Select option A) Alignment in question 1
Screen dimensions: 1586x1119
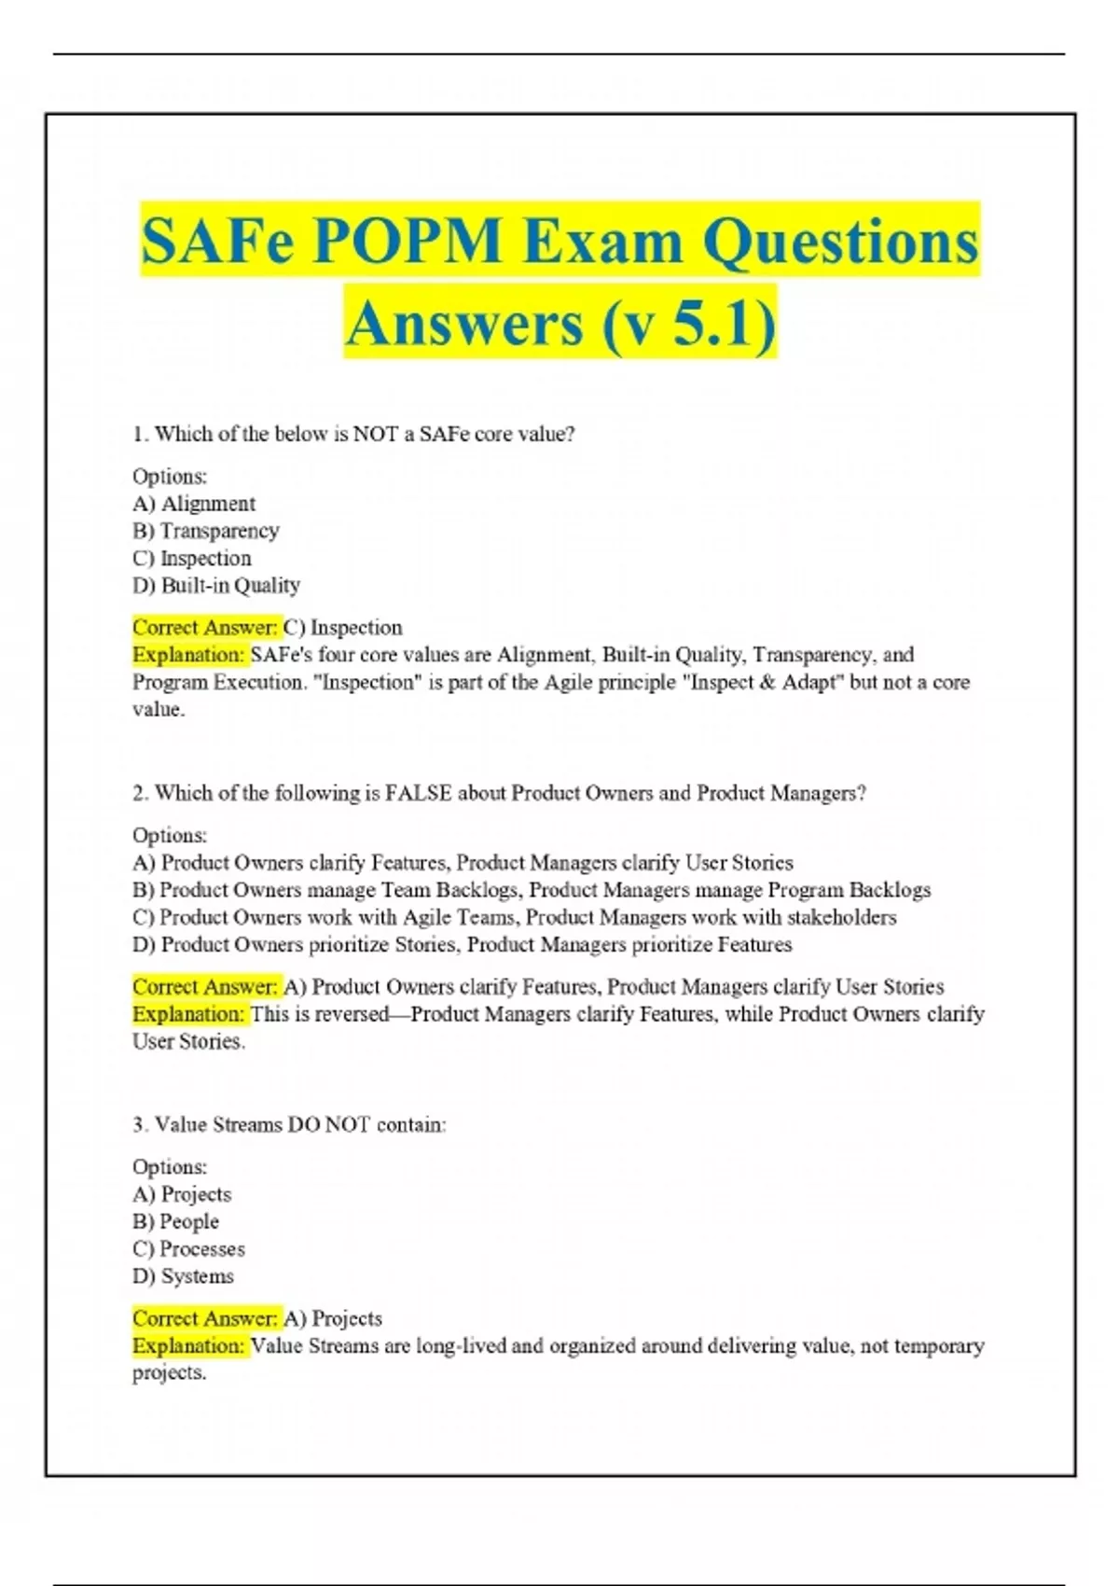[194, 504]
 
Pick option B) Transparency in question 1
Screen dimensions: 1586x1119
[206, 531]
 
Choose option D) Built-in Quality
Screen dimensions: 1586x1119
[216, 586]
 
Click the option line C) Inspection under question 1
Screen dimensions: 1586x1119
[192, 559]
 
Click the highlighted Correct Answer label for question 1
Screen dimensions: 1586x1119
[205, 628]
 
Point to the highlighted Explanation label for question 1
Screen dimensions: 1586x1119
[188, 655]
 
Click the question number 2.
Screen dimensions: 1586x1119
[140, 794]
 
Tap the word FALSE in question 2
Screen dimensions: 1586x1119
[419, 794]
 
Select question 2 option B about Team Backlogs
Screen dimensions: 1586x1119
[532, 890]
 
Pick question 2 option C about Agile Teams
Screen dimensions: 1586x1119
[514, 917]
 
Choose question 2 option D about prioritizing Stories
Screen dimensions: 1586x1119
[463, 945]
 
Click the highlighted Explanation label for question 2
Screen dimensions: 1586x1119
[188, 1014]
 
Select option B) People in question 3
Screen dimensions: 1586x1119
[176, 1222]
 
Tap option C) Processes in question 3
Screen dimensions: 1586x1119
[189, 1249]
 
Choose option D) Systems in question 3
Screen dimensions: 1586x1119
[184, 1276]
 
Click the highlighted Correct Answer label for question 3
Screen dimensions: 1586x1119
[205, 1319]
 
